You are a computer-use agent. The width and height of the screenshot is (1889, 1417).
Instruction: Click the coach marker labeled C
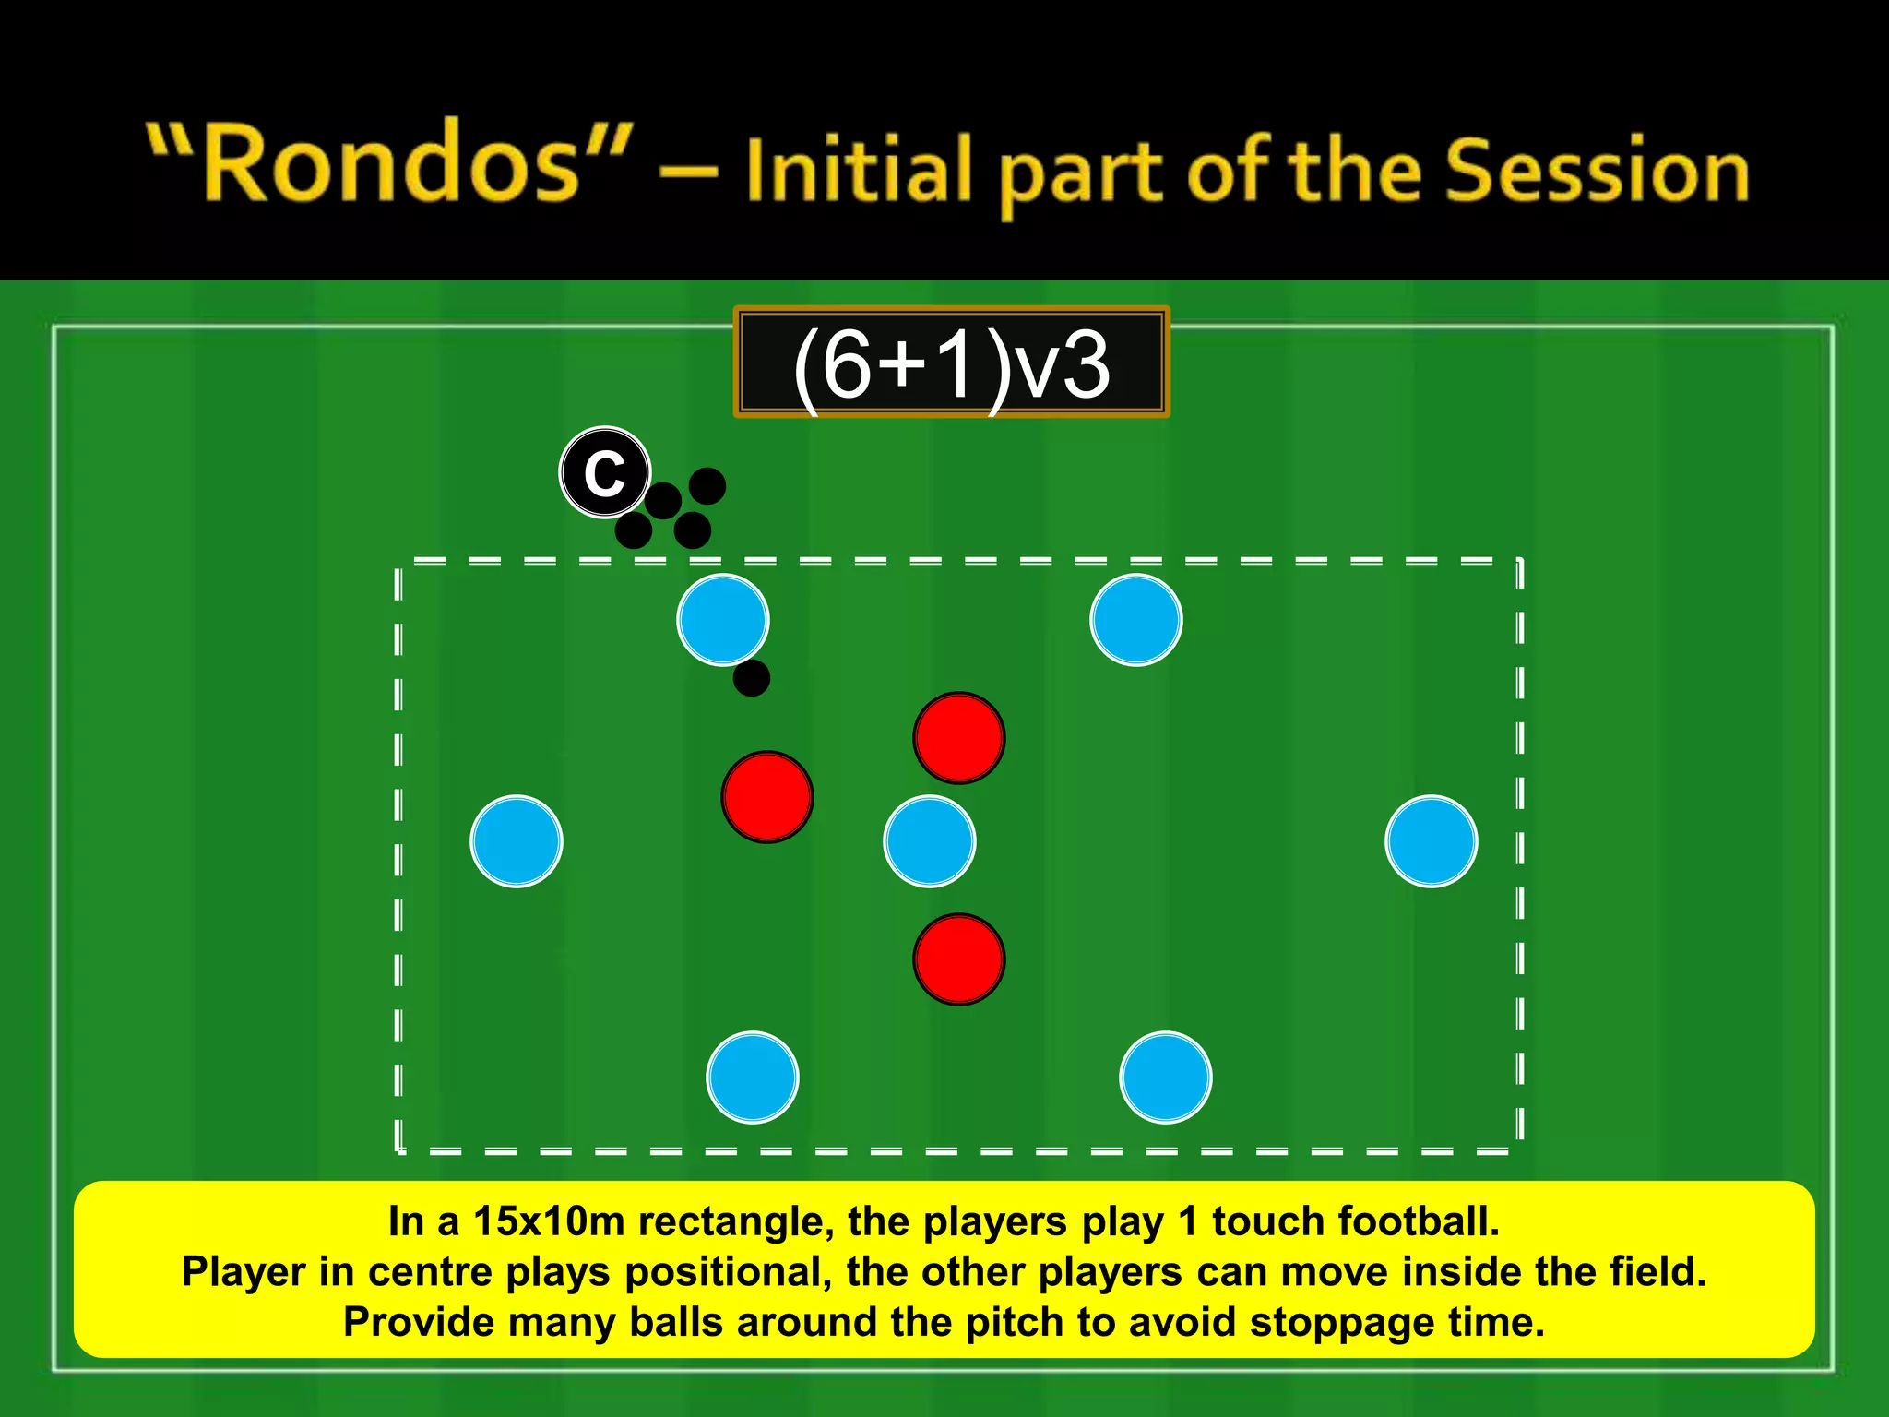click(605, 472)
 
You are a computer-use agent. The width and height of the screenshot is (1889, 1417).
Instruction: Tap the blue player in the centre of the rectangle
click(929, 841)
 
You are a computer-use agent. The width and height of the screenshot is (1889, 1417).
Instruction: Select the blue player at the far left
click(517, 841)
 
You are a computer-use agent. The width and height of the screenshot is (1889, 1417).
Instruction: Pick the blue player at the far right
click(1431, 841)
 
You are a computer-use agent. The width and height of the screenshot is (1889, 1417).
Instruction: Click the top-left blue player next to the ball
click(723, 620)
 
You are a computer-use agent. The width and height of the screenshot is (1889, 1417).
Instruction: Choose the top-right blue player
click(1135, 620)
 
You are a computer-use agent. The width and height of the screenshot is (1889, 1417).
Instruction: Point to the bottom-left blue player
click(753, 1077)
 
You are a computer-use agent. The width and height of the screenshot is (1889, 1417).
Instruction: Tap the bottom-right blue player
click(1165, 1077)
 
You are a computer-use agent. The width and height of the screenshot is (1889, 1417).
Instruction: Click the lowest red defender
click(959, 959)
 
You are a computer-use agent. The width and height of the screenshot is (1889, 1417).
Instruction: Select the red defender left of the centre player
click(767, 797)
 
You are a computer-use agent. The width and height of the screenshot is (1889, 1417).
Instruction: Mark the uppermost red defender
click(959, 738)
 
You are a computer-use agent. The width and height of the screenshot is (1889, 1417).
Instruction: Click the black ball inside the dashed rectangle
click(752, 678)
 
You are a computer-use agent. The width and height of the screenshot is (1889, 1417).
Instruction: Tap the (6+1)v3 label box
click(951, 363)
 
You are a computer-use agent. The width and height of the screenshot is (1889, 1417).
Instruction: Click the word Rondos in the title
click(391, 166)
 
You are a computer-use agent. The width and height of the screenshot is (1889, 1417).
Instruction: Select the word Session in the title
click(1596, 173)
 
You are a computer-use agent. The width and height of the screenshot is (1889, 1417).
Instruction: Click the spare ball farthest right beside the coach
click(707, 486)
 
